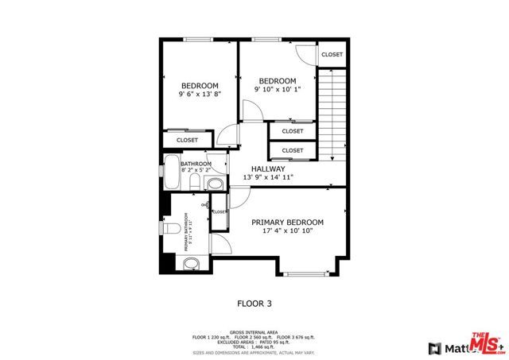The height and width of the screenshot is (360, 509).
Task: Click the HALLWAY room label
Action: [x=268, y=168]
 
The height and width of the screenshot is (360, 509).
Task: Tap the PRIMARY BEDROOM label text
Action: [x=287, y=223]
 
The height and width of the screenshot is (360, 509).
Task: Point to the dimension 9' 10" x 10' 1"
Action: [x=278, y=89]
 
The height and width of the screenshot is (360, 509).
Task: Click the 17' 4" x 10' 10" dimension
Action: [x=287, y=231]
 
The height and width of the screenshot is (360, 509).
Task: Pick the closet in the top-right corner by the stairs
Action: [x=332, y=55]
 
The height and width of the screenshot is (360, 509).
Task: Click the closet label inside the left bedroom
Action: [x=188, y=140]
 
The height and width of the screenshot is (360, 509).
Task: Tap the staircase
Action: [x=332, y=111]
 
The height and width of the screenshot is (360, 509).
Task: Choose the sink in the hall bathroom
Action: [x=214, y=184]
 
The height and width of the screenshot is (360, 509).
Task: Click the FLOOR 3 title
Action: [x=254, y=303]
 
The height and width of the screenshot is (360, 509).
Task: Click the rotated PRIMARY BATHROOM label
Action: [x=188, y=233]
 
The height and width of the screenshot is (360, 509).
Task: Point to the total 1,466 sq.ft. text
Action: [x=254, y=347]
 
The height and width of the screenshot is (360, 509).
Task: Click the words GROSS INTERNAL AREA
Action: [x=254, y=332]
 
